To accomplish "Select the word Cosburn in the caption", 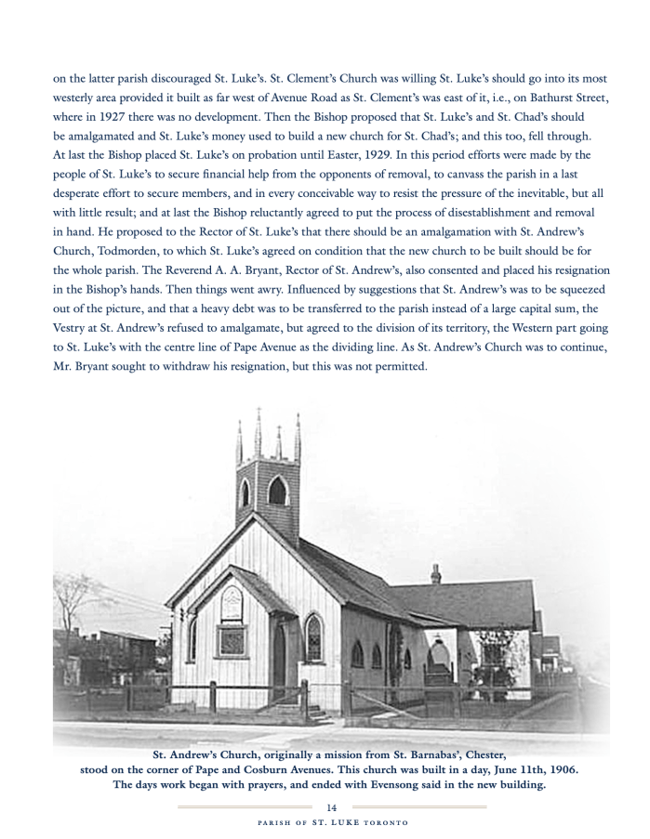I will pos(282,769).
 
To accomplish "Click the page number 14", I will pos(331,806).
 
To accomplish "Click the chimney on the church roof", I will pos(435,574).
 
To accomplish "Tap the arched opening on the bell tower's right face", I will pos(277,491).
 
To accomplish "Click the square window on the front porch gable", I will pos(231,640).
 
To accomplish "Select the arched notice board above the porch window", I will pos(232,603).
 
